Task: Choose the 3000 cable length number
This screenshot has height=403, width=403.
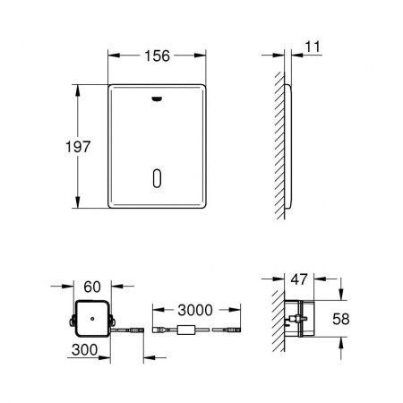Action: (194, 309)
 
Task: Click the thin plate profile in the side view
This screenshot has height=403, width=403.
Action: (287, 147)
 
